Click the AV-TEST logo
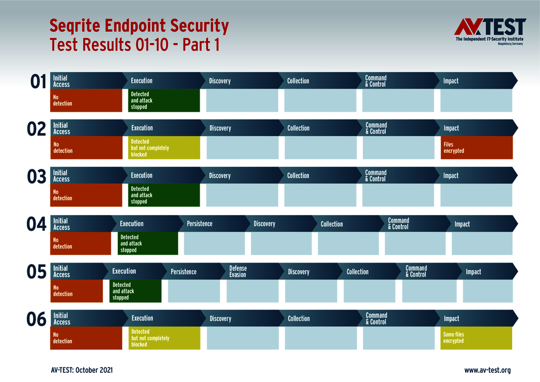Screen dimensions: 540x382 tap(490, 31)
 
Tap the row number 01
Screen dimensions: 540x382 tap(38, 82)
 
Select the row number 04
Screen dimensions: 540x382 tap(36, 224)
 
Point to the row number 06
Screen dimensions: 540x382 tap(36, 319)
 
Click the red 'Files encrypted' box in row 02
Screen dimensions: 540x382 tap(477, 148)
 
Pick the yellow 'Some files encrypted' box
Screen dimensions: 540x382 tap(477, 338)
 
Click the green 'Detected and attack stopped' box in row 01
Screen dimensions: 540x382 tap(164, 101)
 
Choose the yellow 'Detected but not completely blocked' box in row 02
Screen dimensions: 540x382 tap(164, 148)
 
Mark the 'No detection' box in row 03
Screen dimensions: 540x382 tap(86, 195)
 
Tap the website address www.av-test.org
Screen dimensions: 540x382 tap(487, 370)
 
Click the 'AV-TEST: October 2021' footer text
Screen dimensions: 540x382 tap(82, 370)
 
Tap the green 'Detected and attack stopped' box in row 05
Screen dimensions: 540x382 tap(135, 291)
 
